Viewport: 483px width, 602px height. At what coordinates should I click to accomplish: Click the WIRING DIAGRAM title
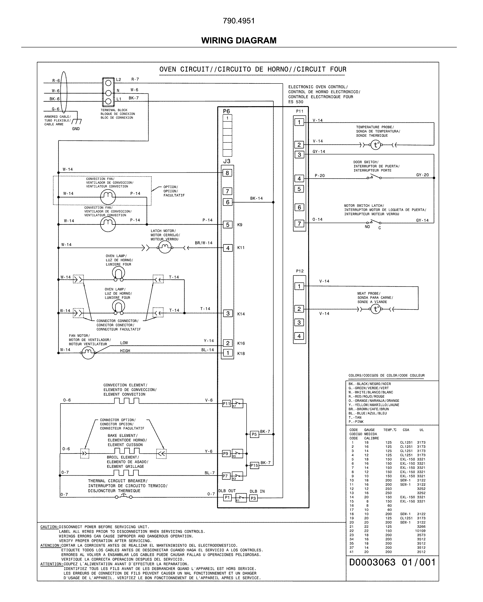[239, 40]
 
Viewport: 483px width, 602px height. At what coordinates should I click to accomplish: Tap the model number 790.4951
[239, 21]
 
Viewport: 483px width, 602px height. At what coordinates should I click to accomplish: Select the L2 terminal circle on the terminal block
[108, 83]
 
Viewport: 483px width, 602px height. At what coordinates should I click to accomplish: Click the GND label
[76, 129]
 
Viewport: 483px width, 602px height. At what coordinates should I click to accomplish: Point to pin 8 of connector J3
[227, 173]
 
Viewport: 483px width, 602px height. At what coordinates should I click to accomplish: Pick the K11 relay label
[241, 248]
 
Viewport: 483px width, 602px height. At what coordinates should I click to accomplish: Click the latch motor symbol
[165, 247]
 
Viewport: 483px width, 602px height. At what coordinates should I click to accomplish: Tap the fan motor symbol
[88, 353]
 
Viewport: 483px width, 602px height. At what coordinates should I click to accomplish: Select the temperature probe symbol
[376, 145]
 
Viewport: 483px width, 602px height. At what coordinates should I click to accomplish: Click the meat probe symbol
[376, 309]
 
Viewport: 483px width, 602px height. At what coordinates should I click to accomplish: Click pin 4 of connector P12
[299, 336]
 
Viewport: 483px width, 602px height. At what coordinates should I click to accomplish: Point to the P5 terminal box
[254, 434]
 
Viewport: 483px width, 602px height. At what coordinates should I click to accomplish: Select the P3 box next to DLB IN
[253, 498]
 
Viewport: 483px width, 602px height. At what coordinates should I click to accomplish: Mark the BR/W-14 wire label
[203, 243]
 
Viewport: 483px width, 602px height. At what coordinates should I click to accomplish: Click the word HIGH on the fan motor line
[125, 351]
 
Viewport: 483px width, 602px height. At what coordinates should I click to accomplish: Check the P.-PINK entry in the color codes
[356, 422]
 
